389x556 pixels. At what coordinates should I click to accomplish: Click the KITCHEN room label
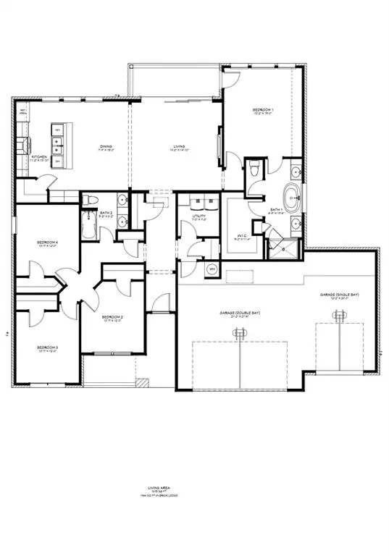tap(38, 156)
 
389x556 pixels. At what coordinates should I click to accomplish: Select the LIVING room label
tap(179, 147)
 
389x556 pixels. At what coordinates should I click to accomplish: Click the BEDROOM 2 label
tap(112, 317)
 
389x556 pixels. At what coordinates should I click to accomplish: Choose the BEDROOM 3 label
tap(47, 348)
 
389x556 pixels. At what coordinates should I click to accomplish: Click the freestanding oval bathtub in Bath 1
tap(293, 195)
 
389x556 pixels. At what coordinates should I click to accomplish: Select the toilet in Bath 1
tap(252, 169)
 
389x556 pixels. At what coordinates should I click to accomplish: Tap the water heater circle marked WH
tap(212, 269)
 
